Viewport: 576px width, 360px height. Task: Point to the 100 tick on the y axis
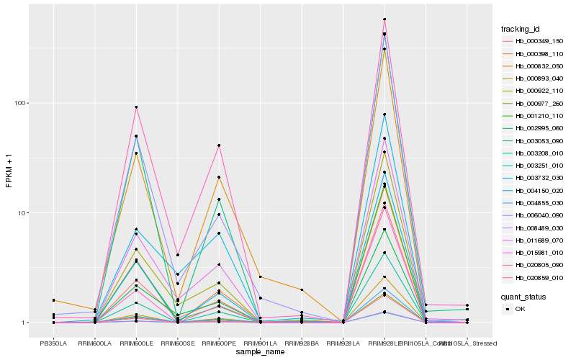(x=20, y=103)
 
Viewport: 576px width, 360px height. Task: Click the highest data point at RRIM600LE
(x=136, y=107)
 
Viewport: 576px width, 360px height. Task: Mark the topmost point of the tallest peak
(x=384, y=19)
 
